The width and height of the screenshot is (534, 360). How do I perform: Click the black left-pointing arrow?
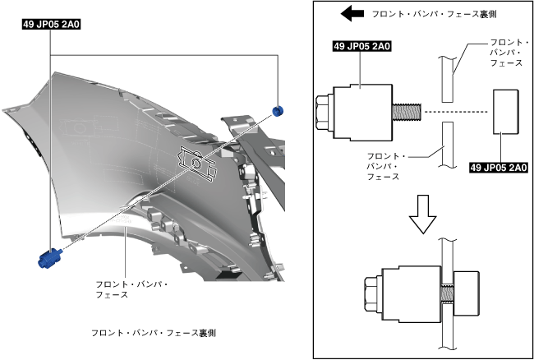pyautogui.click(x=352, y=14)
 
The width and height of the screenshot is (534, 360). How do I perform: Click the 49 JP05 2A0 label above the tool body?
pyautogui.click(x=361, y=47)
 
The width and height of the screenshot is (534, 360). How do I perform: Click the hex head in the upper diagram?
pyautogui.click(x=324, y=111)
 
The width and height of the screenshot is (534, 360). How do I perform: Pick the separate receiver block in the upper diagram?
pyautogui.click(x=504, y=111)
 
